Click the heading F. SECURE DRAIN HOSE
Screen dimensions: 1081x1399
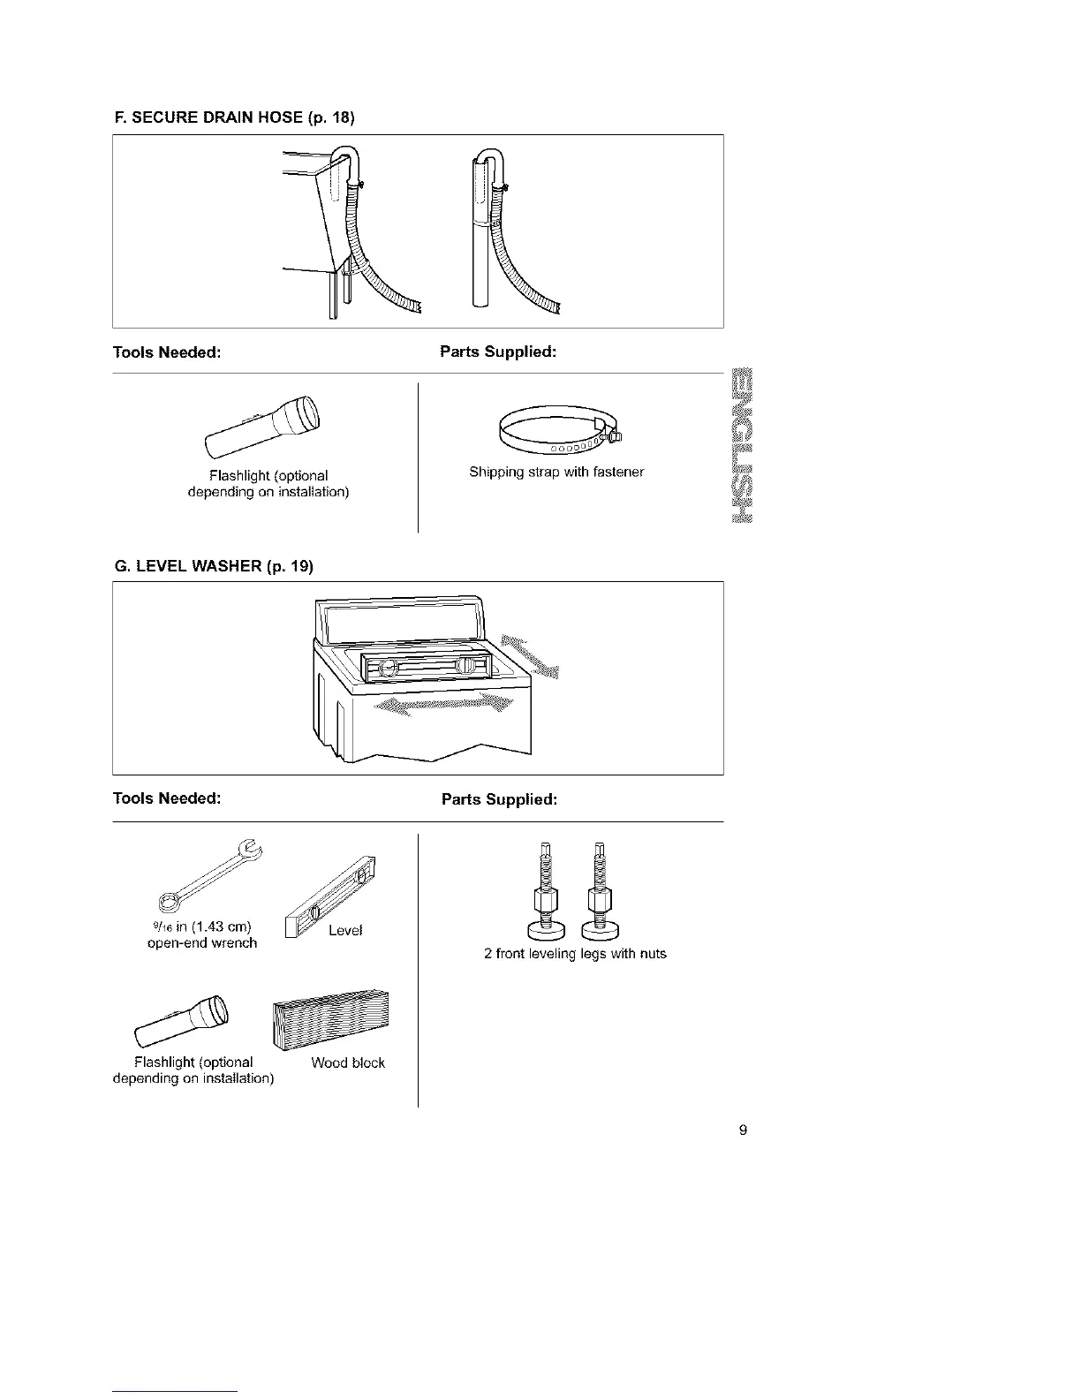pyautogui.click(x=234, y=117)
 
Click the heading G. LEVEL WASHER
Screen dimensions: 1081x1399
pyautogui.click(x=214, y=565)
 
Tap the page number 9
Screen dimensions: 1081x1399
pyautogui.click(x=743, y=1130)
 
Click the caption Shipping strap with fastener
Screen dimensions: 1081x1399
pyautogui.click(x=556, y=472)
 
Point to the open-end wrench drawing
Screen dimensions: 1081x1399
pyautogui.click(x=210, y=875)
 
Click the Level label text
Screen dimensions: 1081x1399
pyautogui.click(x=345, y=930)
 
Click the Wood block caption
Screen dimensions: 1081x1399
pyautogui.click(x=348, y=1062)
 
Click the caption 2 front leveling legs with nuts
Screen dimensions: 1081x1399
pyautogui.click(x=575, y=954)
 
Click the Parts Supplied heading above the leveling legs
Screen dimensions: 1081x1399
pyautogui.click(x=499, y=799)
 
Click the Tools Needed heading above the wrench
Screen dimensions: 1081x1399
pyautogui.click(x=167, y=798)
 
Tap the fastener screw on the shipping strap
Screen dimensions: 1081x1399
pyautogui.click(x=612, y=435)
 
